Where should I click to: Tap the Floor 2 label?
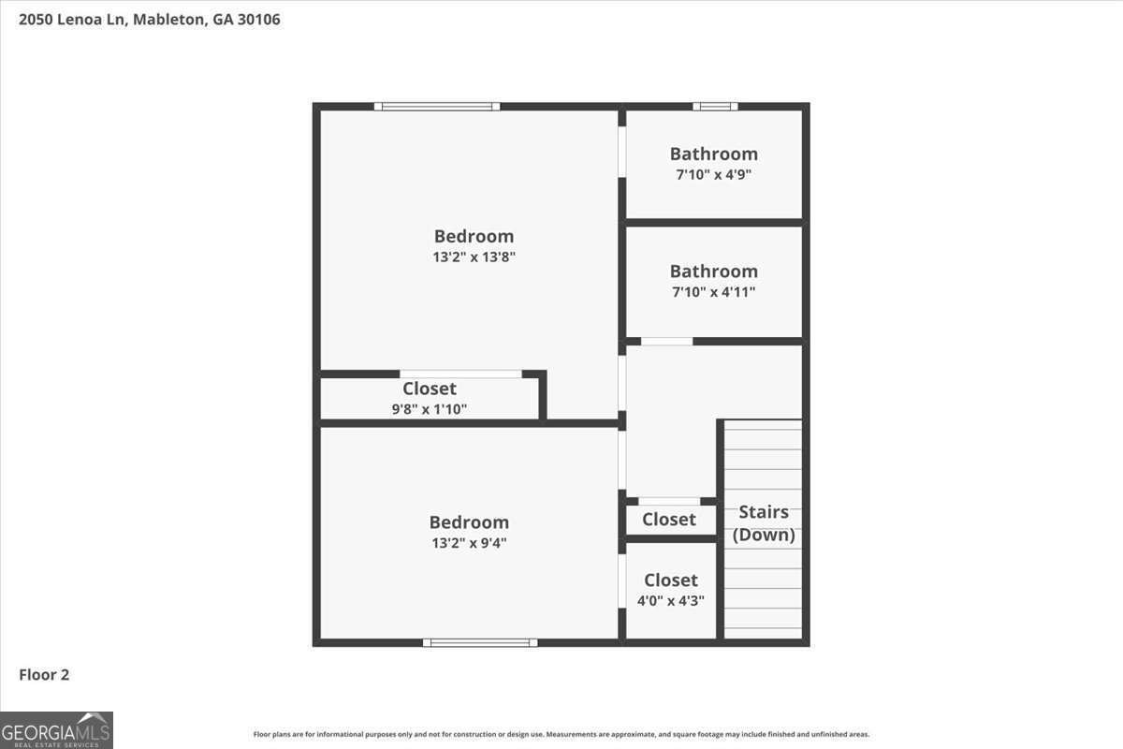click(x=44, y=674)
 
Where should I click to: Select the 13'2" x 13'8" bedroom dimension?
click(x=474, y=257)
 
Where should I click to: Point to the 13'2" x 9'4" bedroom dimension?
click(x=469, y=543)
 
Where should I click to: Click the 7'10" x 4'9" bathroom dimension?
click(x=713, y=174)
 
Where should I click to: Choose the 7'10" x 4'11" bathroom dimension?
click(x=713, y=292)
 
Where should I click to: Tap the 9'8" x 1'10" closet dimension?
click(x=430, y=409)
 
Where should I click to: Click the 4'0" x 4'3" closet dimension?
click(x=670, y=601)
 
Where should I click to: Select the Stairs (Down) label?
click(x=764, y=523)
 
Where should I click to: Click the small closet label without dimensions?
click(x=669, y=520)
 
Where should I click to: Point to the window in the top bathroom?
click(x=715, y=107)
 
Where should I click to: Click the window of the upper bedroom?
click(x=437, y=107)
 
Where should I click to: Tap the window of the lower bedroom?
click(x=480, y=642)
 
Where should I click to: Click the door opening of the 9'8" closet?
click(x=460, y=374)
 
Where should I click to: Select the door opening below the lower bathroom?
click(x=666, y=342)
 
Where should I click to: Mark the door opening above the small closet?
click(x=669, y=502)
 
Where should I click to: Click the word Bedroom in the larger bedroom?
click(x=474, y=236)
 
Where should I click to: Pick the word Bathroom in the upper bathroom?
click(x=713, y=154)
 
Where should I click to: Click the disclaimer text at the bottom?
click(x=561, y=735)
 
